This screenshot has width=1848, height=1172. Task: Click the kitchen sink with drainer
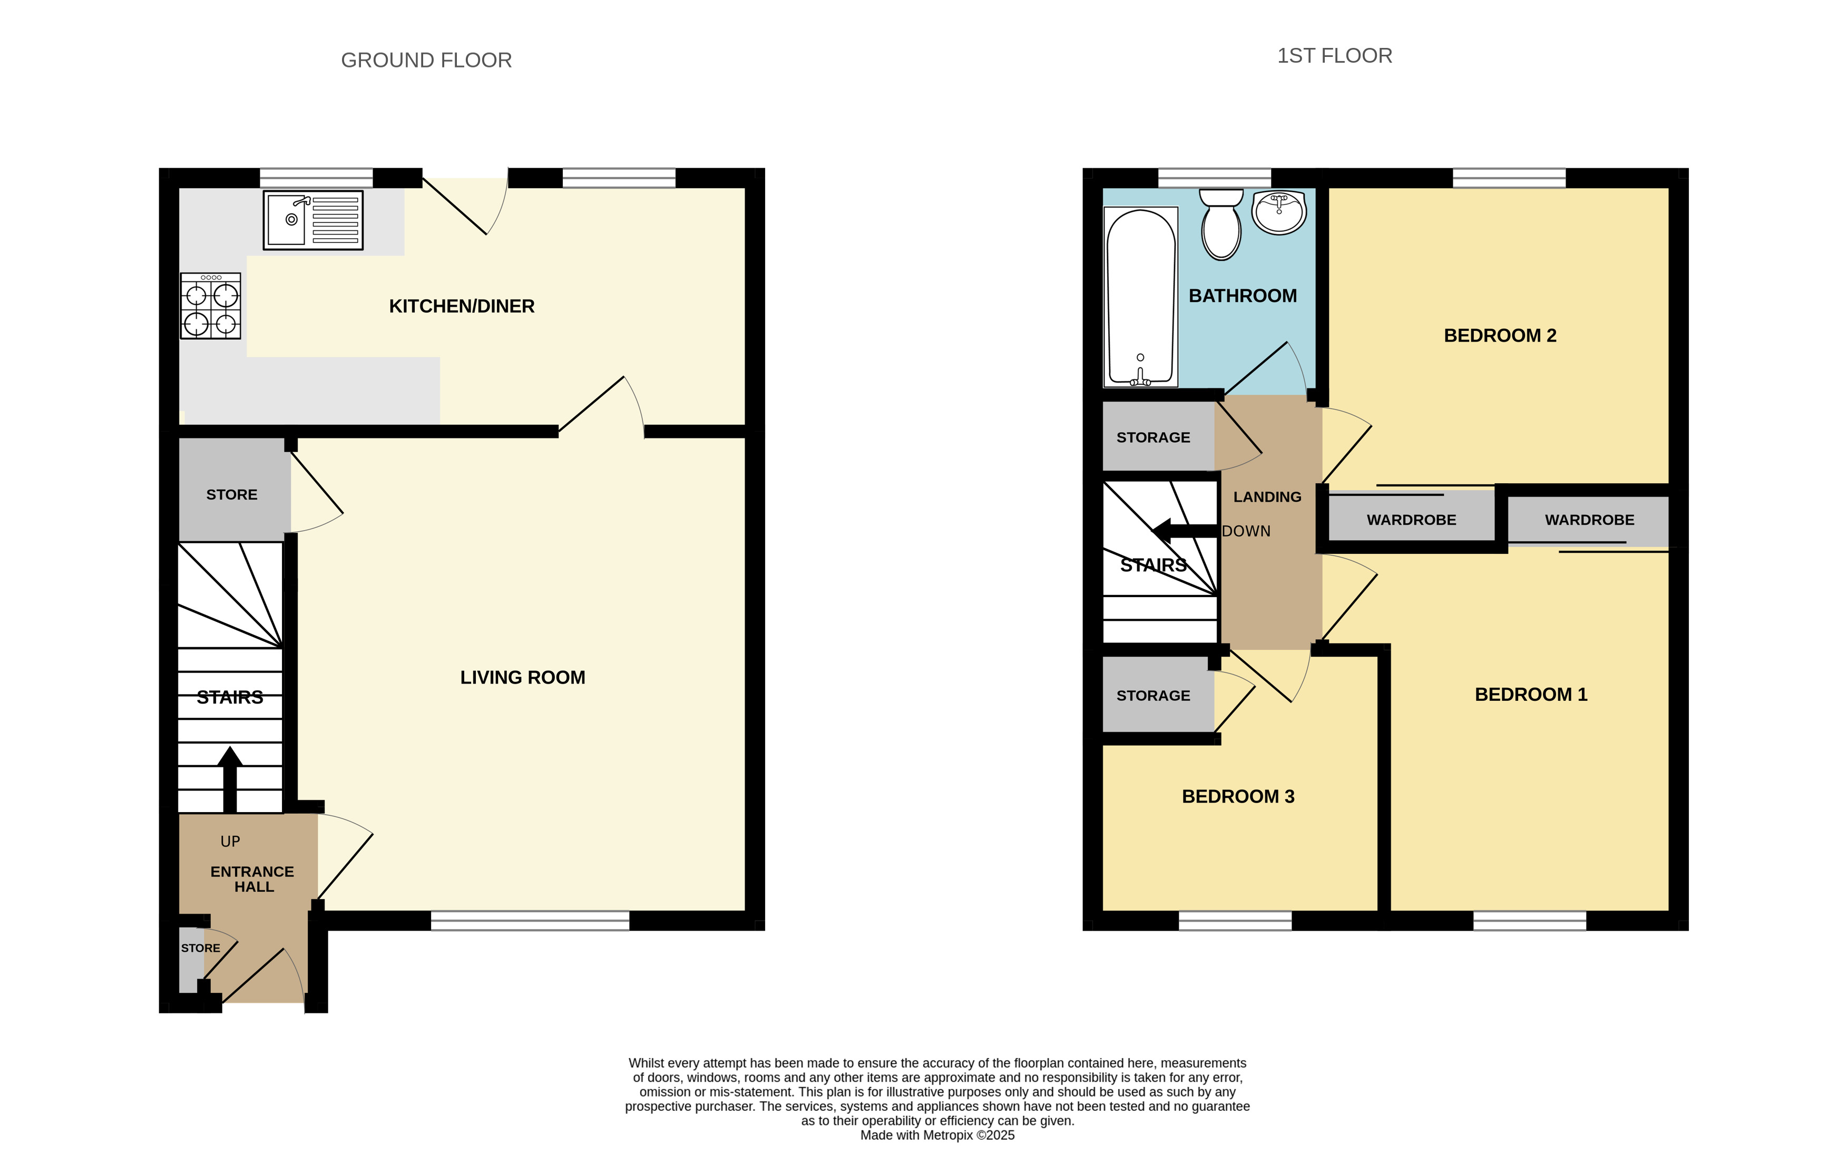pos(313,220)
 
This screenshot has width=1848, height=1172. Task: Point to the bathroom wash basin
pos(1279,212)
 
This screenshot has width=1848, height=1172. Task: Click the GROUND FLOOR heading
pos(427,61)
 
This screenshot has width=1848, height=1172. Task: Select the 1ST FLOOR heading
pos(1335,56)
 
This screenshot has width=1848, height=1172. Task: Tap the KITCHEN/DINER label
pos(462,306)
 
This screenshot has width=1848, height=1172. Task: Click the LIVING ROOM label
pos(523,678)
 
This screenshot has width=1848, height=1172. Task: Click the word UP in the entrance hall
pos(230,842)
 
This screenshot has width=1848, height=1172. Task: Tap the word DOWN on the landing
pos(1246,531)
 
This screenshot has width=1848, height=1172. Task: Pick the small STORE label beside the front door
pos(200,949)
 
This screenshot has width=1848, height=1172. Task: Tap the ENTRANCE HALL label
pos(252,880)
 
